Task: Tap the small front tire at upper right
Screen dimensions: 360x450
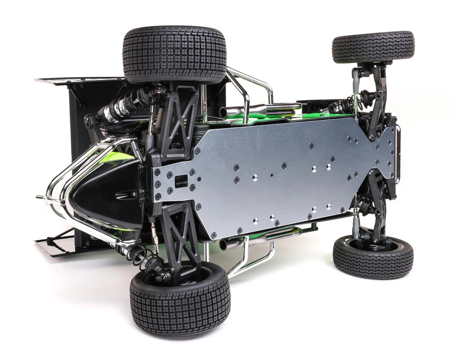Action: coord(373,47)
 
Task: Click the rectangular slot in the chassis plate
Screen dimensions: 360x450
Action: coord(181,181)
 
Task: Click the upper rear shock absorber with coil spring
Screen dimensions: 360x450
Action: coord(124,107)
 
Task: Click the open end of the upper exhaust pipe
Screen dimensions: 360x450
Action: coord(223,112)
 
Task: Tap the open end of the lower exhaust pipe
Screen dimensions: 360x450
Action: coord(223,245)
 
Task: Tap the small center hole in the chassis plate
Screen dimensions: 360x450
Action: coord(272,175)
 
